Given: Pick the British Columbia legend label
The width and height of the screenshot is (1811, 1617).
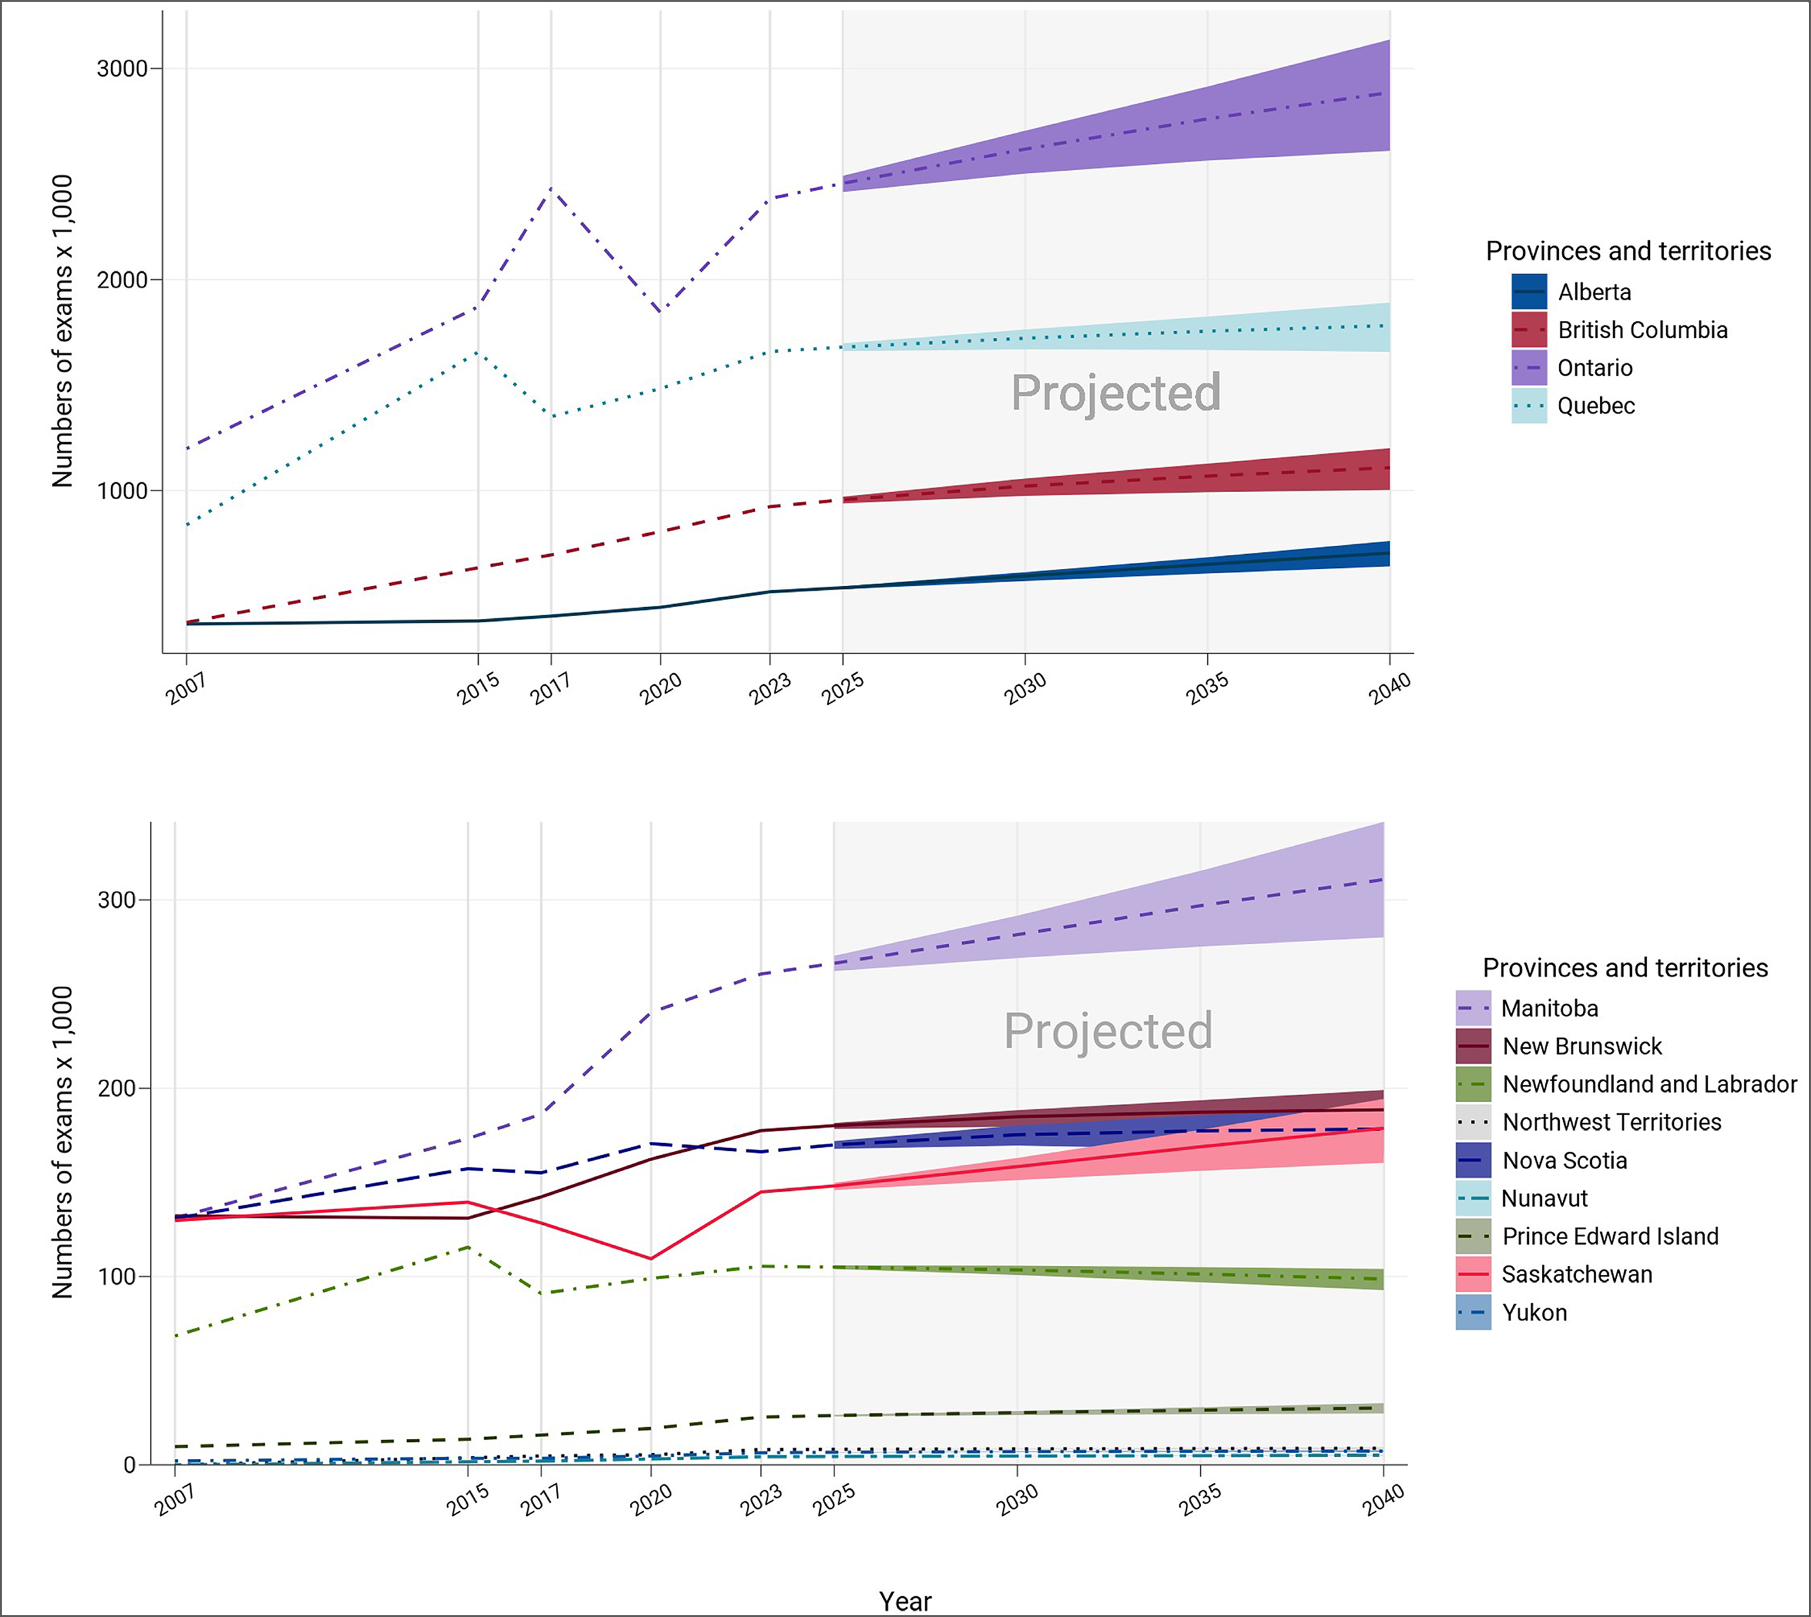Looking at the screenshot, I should (x=1642, y=331).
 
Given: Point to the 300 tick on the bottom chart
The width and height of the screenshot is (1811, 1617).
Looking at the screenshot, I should (x=117, y=899).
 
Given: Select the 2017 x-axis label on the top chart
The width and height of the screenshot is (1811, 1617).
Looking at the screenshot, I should (x=551, y=689).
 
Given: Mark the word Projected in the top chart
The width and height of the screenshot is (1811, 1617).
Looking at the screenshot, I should (x=1115, y=393).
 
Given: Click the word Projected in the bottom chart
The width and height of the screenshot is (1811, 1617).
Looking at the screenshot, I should (x=1107, y=1030).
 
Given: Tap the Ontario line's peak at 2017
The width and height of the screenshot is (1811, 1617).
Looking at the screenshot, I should (x=551, y=188).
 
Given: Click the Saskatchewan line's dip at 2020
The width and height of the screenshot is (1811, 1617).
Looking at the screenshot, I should (x=650, y=1258).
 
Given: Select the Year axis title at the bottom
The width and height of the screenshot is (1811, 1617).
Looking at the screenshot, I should (x=905, y=1601).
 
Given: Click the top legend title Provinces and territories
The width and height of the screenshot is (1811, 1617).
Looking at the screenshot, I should (x=1628, y=251).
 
